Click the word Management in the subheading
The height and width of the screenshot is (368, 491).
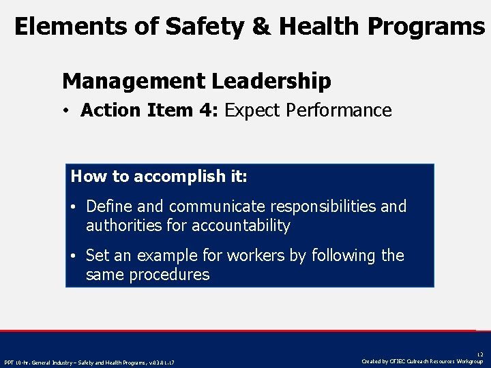coord(133,82)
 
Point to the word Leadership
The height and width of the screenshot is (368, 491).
coord(271,82)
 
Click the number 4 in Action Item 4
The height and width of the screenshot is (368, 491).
coord(205,110)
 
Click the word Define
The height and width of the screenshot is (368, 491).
coord(109,206)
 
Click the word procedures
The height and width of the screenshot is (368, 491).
coord(170,275)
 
